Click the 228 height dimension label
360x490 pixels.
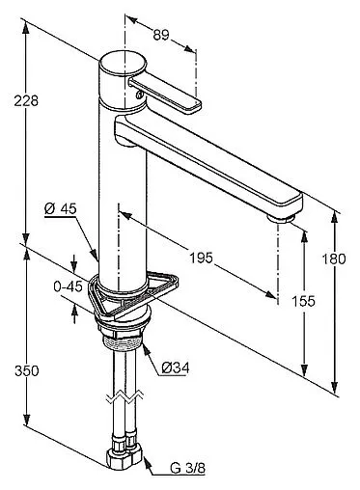click(26, 100)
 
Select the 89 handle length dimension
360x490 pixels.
click(161, 35)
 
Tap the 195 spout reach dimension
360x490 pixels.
click(201, 258)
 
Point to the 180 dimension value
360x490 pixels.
click(334, 259)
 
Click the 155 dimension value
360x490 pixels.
click(303, 301)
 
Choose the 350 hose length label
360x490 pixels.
click(27, 371)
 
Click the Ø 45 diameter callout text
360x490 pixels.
click(61, 209)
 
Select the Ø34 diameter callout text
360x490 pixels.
click(176, 367)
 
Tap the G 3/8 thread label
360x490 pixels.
click(187, 468)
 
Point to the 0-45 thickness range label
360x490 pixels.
click(68, 286)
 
